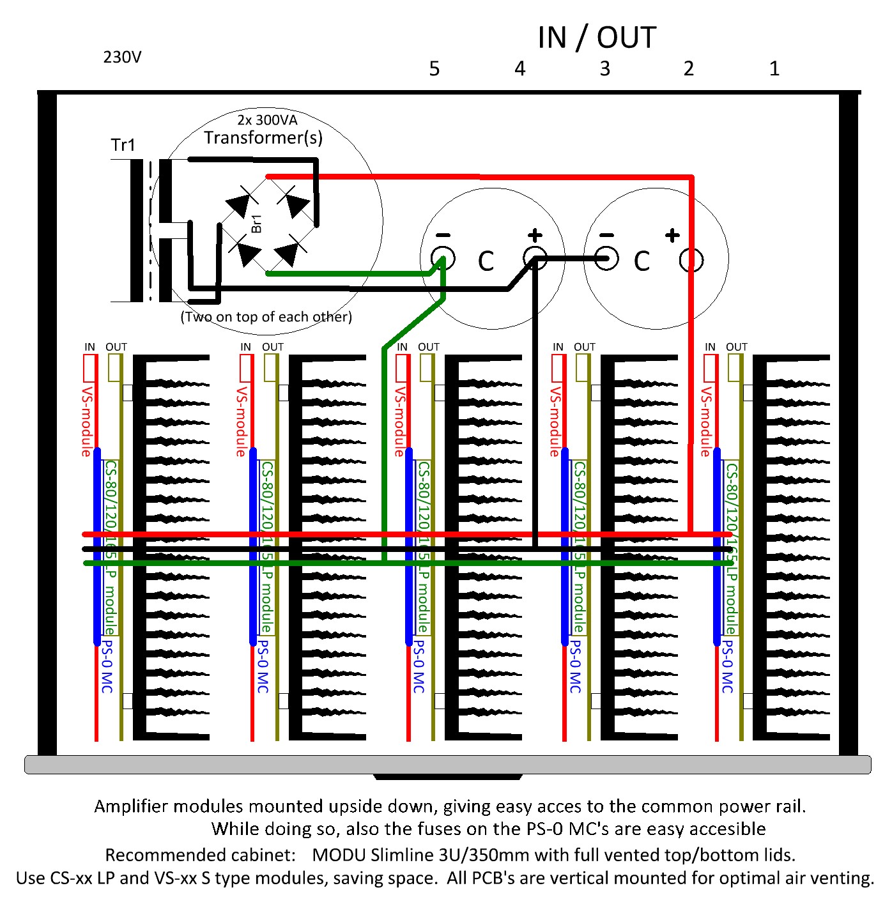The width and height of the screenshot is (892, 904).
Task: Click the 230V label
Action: (122, 57)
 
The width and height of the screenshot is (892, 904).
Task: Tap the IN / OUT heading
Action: (597, 38)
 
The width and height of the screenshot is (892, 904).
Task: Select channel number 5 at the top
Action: (434, 69)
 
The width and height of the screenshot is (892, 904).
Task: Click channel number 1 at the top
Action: (774, 69)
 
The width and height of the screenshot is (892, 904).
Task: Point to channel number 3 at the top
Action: (604, 69)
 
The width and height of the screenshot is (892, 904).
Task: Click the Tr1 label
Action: (123, 145)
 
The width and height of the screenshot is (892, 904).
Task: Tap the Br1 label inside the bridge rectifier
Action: (257, 224)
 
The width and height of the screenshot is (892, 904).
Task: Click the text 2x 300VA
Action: (267, 119)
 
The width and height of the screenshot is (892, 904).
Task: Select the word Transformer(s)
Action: (263, 137)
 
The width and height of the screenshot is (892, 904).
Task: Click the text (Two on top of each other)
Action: (266, 317)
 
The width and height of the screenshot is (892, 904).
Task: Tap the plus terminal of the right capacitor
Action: (691, 259)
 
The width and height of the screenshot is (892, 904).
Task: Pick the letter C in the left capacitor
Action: (486, 261)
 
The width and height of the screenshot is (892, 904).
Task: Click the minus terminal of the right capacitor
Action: (606, 259)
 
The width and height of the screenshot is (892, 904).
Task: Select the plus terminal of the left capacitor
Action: (535, 259)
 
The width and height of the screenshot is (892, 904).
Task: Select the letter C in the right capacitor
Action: (642, 261)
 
